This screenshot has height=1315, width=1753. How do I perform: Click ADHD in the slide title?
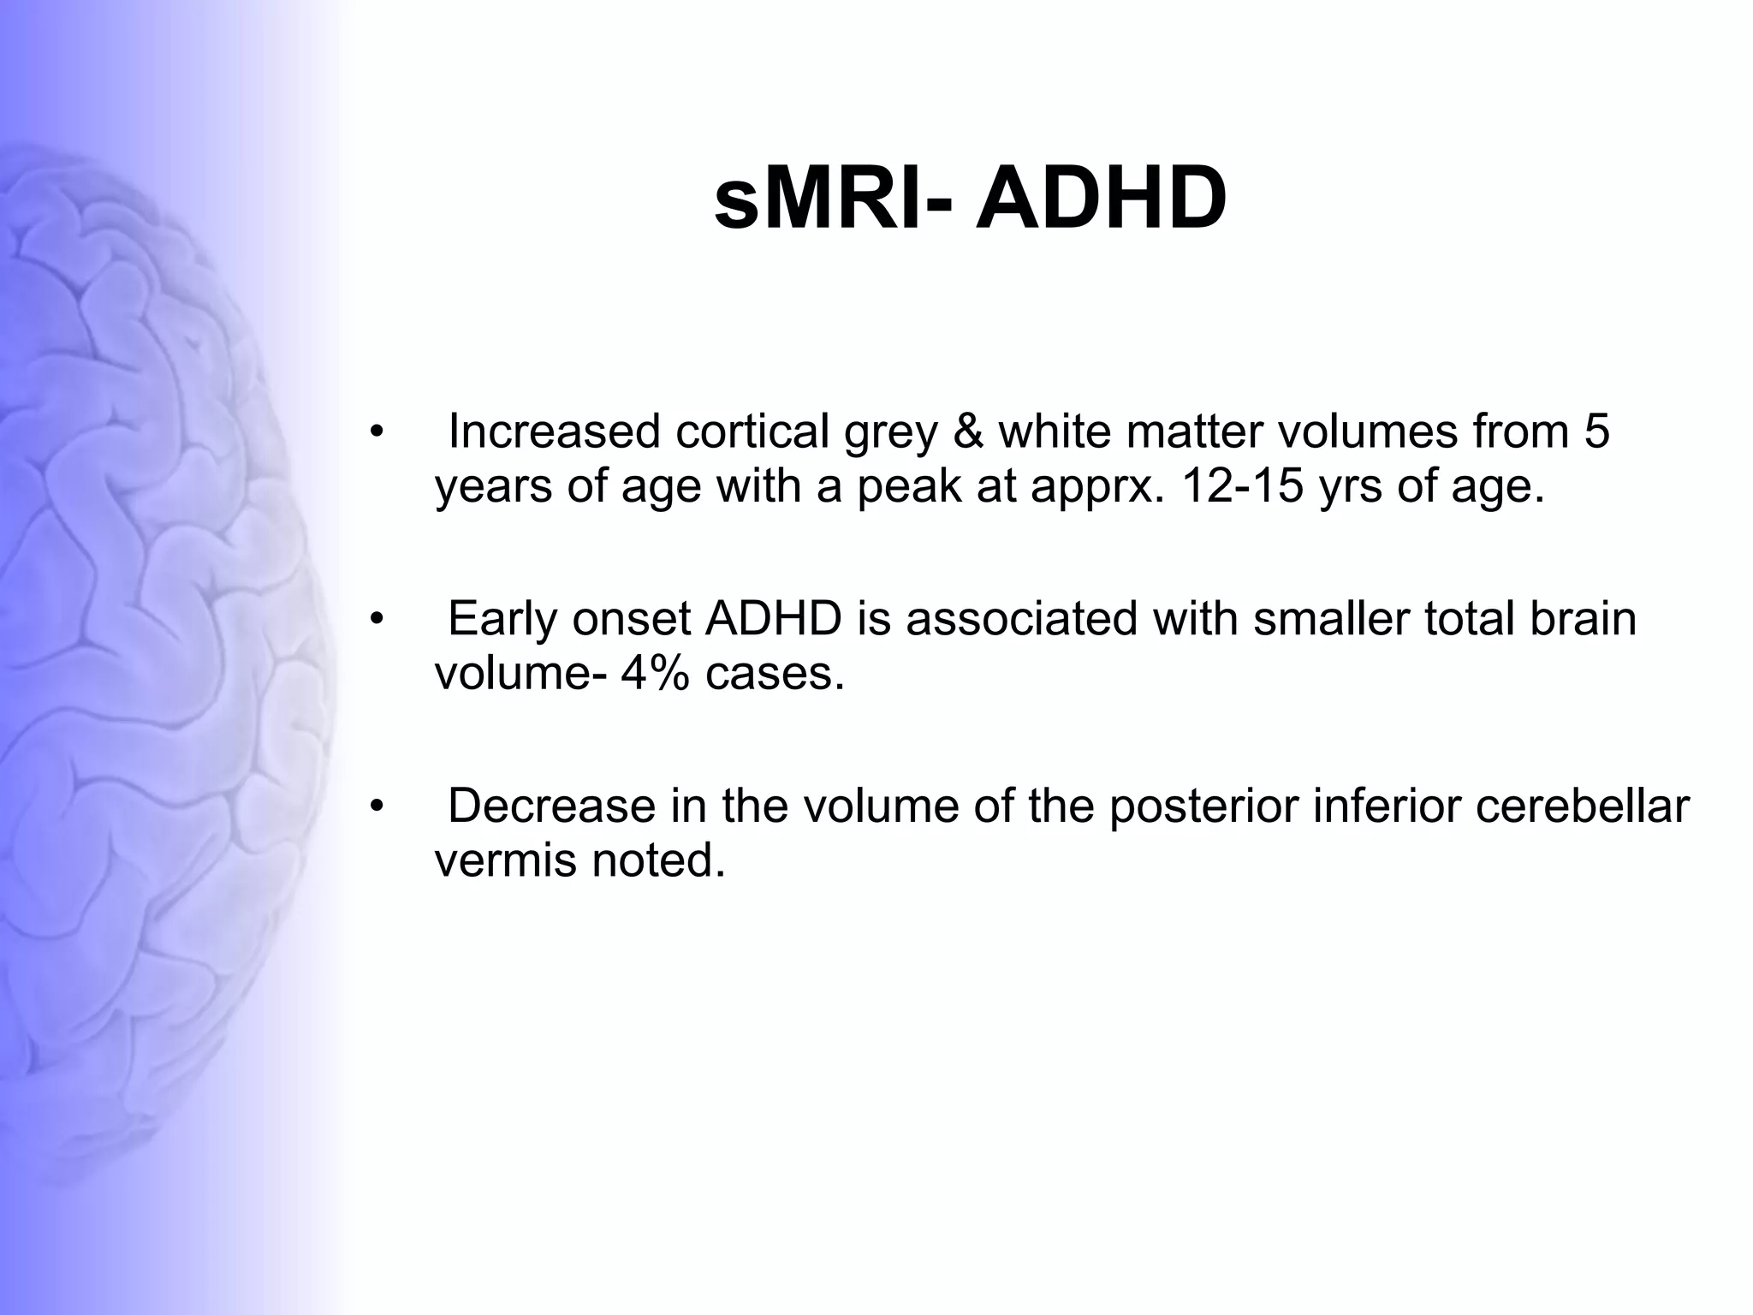tap(1101, 200)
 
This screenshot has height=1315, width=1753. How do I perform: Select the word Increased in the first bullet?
tap(554, 431)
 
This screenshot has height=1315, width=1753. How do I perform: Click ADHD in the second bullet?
tap(773, 619)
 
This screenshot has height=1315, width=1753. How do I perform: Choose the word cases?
tap(775, 674)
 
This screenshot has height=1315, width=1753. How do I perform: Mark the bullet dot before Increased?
tap(376, 432)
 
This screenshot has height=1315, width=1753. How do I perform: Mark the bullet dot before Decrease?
tap(376, 807)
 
